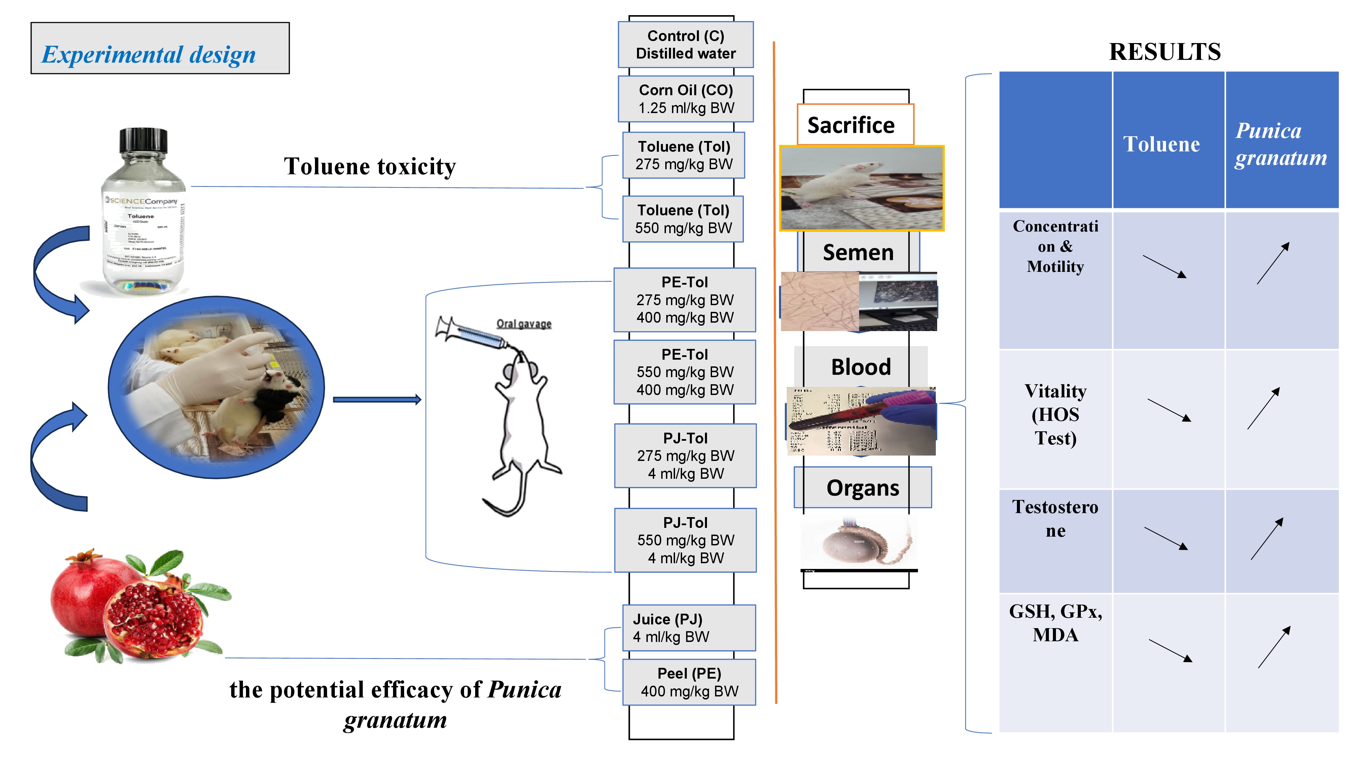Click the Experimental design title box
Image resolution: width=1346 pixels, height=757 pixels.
pos(160,48)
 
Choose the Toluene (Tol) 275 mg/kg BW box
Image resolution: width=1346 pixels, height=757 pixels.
pos(683,155)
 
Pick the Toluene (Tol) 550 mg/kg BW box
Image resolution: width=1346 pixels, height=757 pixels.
pos(683,219)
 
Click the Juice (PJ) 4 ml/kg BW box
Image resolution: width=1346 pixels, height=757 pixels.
pos(689,628)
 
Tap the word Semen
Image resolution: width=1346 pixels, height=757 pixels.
pos(858,252)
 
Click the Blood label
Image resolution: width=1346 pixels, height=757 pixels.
pos(860,367)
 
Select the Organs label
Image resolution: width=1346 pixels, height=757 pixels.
pos(863,488)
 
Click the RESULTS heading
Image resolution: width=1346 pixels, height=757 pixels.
pos(1165,52)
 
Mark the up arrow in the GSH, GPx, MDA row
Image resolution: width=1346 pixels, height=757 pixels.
pos(1274,647)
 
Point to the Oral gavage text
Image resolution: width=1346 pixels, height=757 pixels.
pos(524,324)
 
